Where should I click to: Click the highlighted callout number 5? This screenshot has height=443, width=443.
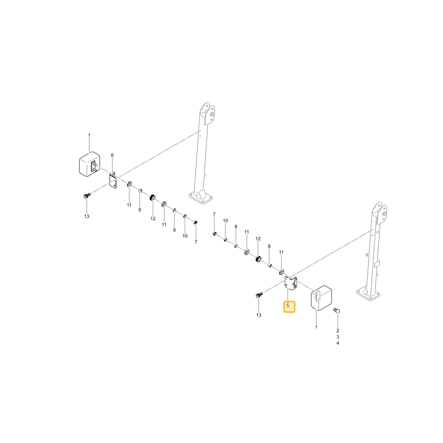tap(288, 305)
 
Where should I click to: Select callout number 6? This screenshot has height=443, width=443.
tap(112, 155)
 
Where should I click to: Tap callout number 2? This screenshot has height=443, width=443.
tap(338, 330)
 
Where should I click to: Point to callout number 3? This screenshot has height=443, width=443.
tap(338, 337)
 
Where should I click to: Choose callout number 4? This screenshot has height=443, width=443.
tap(338, 343)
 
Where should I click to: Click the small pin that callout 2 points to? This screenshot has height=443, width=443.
tap(337, 311)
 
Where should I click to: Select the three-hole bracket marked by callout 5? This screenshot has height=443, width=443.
tap(291, 284)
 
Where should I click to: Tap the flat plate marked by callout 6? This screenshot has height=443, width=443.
tap(113, 181)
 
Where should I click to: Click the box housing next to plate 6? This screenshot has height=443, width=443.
tap(89, 164)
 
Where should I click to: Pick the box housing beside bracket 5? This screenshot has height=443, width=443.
tap(321, 298)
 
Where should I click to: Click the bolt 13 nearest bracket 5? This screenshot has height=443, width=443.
tap(259, 295)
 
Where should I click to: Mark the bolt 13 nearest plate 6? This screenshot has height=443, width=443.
tap(87, 195)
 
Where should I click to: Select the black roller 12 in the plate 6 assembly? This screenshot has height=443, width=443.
tap(152, 198)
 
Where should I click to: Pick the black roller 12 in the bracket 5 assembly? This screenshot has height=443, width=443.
tap(258, 259)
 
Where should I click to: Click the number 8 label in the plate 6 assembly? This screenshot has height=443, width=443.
tap(140, 210)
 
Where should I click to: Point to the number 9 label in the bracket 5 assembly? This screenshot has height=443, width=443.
tap(236, 226)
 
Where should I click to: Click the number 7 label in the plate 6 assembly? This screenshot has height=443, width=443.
tap(195, 242)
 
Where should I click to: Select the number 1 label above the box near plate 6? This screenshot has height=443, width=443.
tap(89, 135)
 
